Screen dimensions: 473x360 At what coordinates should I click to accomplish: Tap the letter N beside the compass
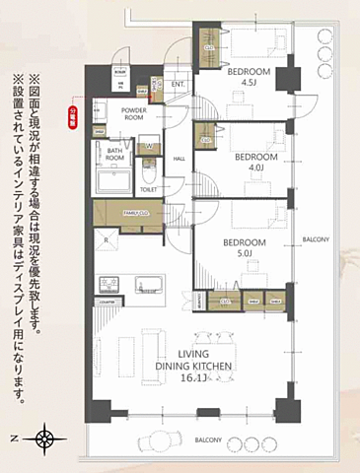point(13,438)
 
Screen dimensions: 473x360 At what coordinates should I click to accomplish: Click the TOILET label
point(149,189)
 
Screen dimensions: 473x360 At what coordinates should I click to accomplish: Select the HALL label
point(180,158)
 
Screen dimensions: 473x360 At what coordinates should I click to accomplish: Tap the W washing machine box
point(147,148)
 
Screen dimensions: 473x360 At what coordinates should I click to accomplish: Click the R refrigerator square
point(106,239)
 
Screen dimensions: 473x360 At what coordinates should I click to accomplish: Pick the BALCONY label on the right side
point(317,239)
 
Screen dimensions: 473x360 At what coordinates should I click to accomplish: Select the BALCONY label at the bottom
point(207,439)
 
